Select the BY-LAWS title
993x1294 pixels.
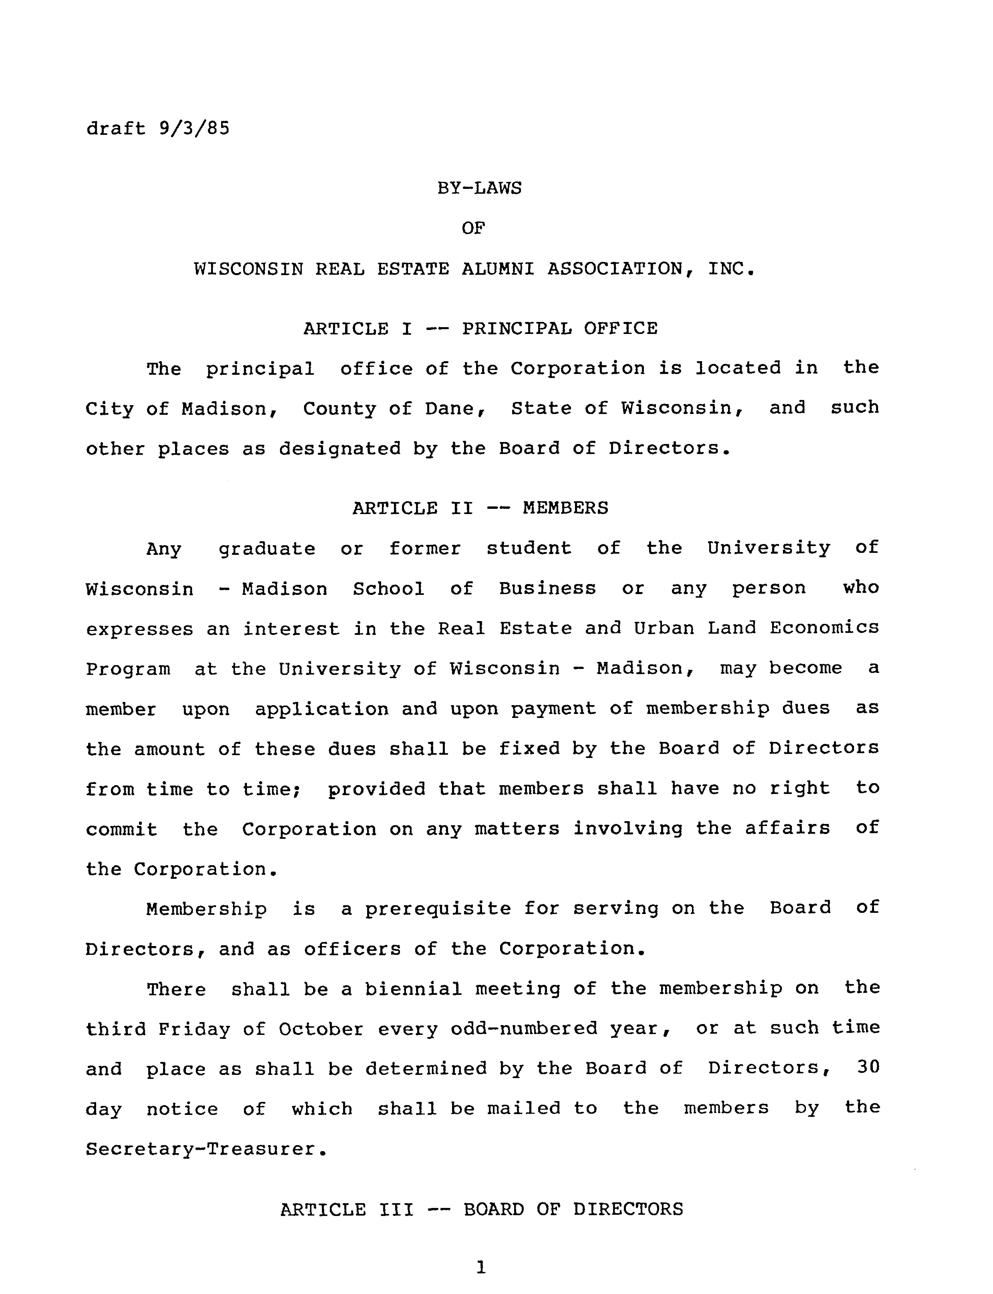479,188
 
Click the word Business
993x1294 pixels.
547,589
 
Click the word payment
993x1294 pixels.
553,709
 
